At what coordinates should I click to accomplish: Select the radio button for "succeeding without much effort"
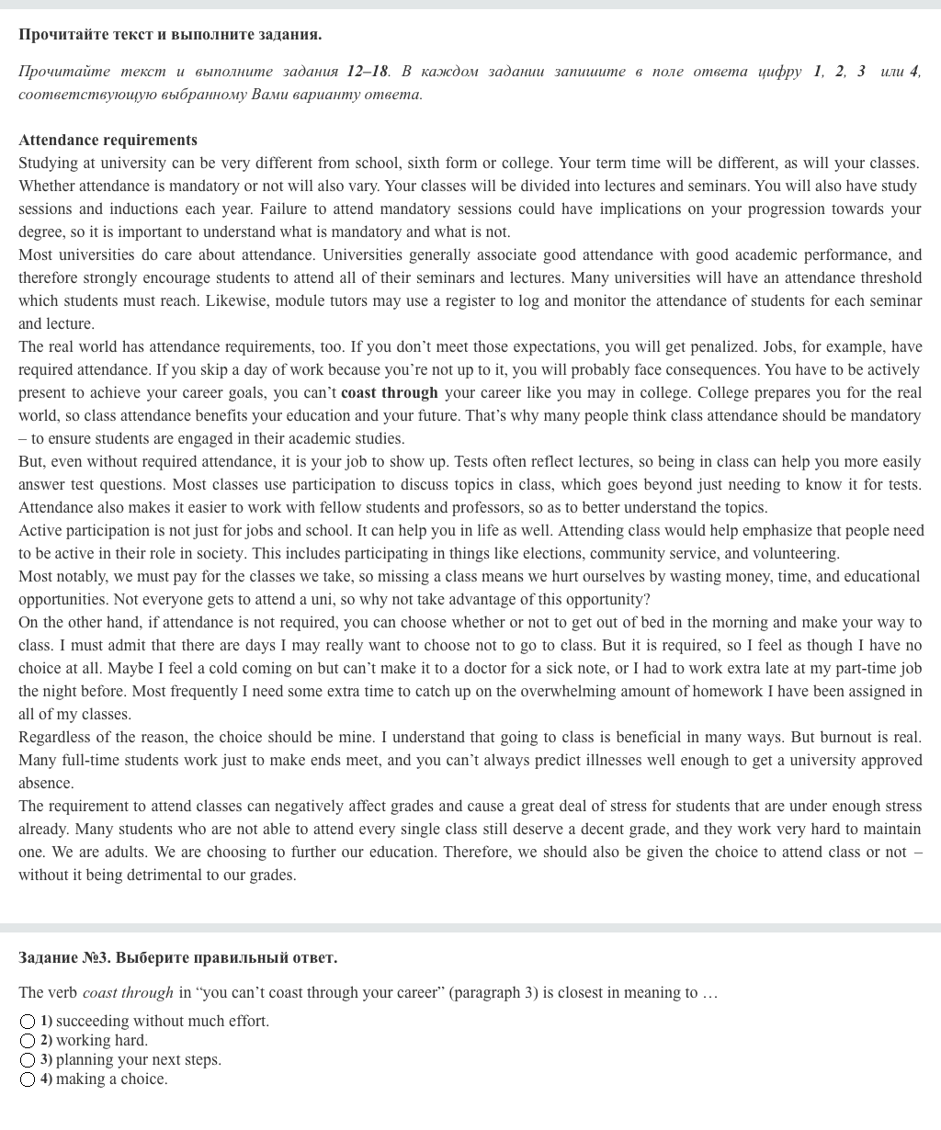click(28, 1022)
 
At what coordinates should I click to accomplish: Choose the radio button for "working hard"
click(28, 1041)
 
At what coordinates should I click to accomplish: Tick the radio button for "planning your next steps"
click(28, 1060)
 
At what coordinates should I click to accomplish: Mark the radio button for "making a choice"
click(28, 1079)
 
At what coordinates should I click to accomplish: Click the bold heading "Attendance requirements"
click(108, 140)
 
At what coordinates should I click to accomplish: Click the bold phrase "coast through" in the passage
click(390, 392)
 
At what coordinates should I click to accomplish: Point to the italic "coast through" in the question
click(128, 992)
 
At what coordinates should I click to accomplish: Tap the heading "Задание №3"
click(64, 957)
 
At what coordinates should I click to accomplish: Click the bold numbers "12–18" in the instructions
click(368, 71)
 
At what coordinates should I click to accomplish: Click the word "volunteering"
click(796, 553)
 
